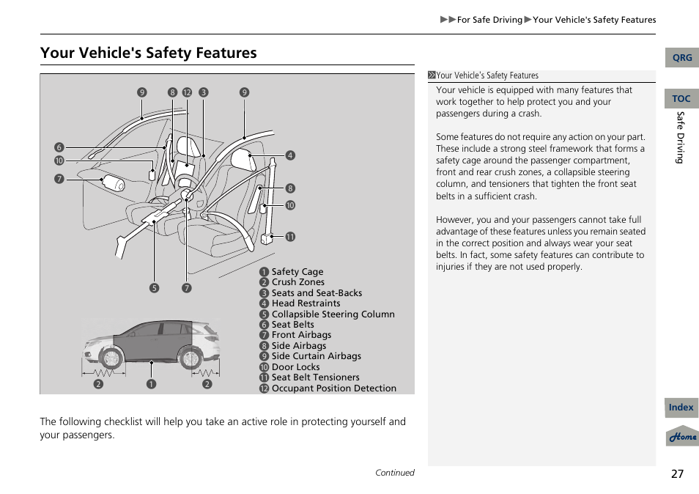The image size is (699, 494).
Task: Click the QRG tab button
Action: click(x=681, y=58)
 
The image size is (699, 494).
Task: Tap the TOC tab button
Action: click(x=681, y=99)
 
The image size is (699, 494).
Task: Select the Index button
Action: click(x=681, y=408)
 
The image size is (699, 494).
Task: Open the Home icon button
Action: click(x=682, y=436)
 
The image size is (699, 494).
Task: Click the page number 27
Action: click(x=677, y=473)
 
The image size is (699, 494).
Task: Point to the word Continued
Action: click(x=394, y=473)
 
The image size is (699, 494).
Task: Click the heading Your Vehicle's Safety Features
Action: click(x=149, y=53)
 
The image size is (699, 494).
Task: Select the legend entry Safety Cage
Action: click(x=297, y=271)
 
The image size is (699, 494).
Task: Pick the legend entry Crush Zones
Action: click(x=297, y=282)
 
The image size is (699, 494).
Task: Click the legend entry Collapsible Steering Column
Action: click(x=333, y=314)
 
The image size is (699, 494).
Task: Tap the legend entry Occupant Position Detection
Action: click(x=333, y=388)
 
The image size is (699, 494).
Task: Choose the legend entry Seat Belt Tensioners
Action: click(x=315, y=377)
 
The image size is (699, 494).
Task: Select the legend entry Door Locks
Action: click(x=295, y=367)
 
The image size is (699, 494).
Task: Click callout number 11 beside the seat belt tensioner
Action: click(x=290, y=237)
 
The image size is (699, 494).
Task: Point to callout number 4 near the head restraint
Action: click(x=290, y=155)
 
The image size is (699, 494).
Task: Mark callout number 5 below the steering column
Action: click(x=154, y=288)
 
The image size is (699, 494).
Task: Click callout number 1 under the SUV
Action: click(x=151, y=383)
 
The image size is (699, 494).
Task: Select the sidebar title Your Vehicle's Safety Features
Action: click(x=487, y=75)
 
